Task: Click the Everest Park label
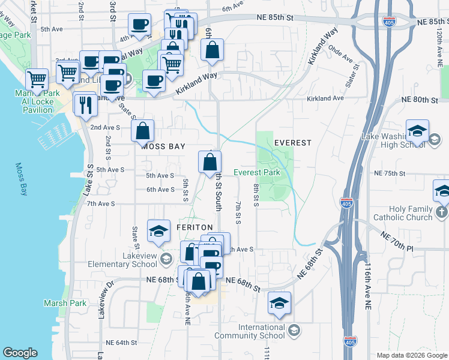(x=257, y=172)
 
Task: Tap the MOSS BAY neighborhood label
(x=163, y=146)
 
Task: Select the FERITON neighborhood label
(x=195, y=227)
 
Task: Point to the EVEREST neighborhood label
(x=293, y=143)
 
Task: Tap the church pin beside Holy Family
(x=442, y=212)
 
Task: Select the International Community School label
(x=261, y=331)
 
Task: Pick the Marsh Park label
(x=65, y=303)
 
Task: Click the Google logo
(x=20, y=353)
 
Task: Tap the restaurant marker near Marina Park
(x=85, y=104)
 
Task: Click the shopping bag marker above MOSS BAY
(x=143, y=131)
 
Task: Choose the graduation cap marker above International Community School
(x=279, y=304)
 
